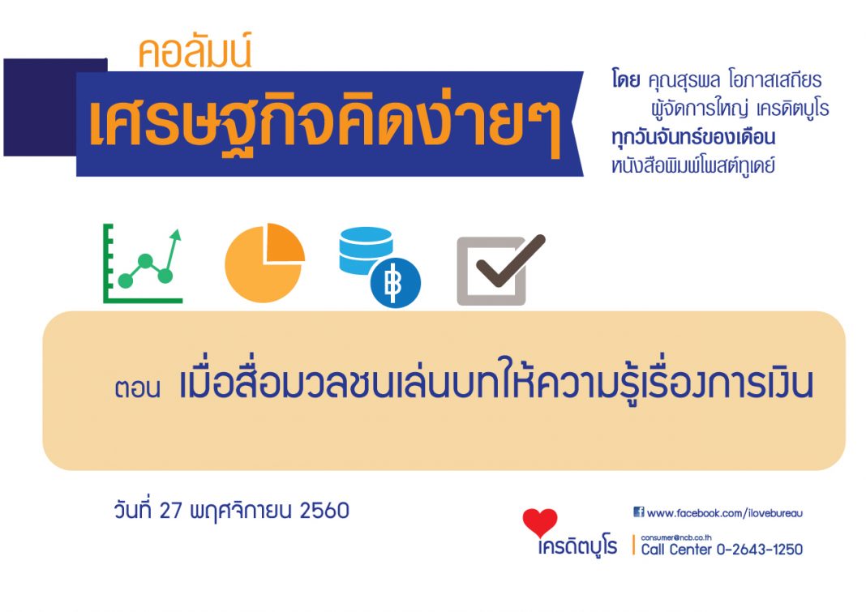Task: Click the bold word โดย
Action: tap(626, 80)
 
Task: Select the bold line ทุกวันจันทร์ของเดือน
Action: tap(693, 137)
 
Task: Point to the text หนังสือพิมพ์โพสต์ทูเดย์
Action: tap(693, 165)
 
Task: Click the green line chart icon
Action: tap(143, 263)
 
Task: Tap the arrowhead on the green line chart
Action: tap(176, 235)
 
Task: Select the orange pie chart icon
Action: tap(264, 263)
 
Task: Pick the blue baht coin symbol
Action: tap(396, 283)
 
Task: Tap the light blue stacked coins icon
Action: tap(365, 250)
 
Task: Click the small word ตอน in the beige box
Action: tap(138, 387)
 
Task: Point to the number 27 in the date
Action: tap(170, 511)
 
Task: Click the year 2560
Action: tap(324, 511)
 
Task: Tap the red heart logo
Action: tap(539, 523)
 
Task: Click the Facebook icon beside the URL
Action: tap(638, 512)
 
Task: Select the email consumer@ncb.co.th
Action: tap(676, 537)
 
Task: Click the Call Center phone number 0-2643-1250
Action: tap(760, 550)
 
